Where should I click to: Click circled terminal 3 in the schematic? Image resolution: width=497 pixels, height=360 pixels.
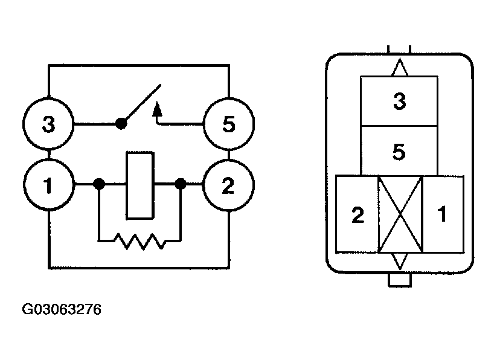coord(48,126)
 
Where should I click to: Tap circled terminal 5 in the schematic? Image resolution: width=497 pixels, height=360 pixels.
coord(228,126)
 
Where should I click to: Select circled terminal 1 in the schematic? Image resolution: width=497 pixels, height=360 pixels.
coord(48,184)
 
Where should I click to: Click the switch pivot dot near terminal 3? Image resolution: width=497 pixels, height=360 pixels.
coord(121,124)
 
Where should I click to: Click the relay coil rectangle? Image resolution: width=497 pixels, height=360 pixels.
coord(140,185)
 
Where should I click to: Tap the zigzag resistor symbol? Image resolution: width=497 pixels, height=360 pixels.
coord(140,242)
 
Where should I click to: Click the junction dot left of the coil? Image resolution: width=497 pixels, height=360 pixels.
coord(100,184)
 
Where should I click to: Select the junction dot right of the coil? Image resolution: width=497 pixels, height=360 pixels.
coord(180,184)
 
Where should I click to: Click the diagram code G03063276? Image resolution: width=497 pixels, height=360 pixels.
coord(62,310)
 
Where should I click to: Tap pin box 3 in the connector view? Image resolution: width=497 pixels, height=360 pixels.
coord(399,101)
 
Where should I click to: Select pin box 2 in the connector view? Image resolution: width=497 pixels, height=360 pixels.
coord(358,215)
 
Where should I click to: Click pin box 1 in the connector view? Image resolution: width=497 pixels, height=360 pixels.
coord(443,214)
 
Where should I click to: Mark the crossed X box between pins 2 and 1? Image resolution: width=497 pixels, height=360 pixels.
coord(400,214)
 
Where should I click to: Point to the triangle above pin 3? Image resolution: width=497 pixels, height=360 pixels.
coord(399,68)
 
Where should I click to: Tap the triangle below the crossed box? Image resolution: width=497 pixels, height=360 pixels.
coord(399,261)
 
